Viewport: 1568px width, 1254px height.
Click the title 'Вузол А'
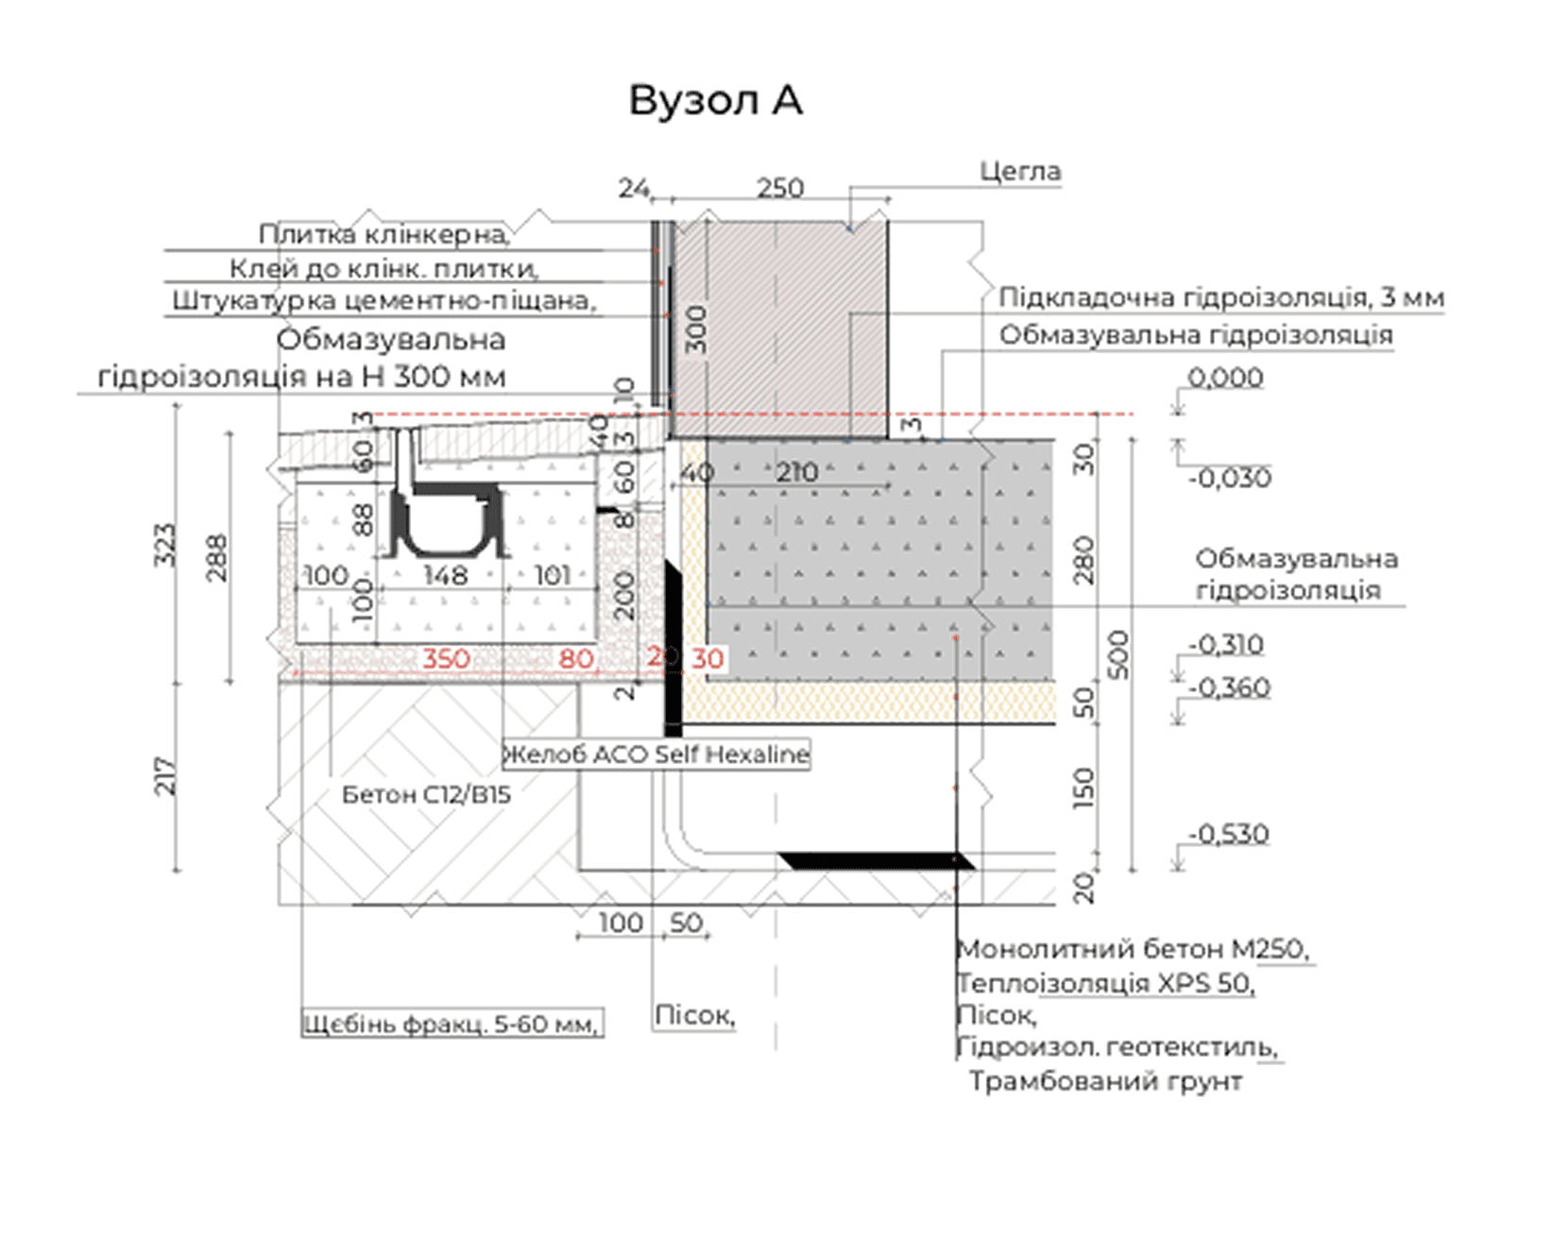715,100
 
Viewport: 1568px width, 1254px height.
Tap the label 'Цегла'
1020,172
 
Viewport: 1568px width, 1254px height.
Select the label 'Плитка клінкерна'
383,233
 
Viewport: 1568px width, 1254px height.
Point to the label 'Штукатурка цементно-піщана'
383,301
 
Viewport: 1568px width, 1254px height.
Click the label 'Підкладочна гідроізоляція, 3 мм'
1221,297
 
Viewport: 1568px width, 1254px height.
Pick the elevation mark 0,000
1225,378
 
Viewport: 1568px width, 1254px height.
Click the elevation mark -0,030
1230,478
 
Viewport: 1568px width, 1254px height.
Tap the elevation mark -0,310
1226,645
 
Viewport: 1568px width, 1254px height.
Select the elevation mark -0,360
1230,687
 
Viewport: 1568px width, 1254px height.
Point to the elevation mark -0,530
1229,835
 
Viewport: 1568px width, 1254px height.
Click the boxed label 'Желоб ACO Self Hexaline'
656,754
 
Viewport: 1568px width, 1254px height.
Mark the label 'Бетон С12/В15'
426,795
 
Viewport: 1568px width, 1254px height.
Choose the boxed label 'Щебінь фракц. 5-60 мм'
452,1024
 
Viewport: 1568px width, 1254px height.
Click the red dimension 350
446,658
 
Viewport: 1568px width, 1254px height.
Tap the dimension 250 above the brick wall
780,189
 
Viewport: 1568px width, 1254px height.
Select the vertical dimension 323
165,545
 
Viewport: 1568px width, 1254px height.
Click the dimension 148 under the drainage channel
446,575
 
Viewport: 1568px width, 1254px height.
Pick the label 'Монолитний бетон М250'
1133,949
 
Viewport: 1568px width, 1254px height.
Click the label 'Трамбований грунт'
1105,1081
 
